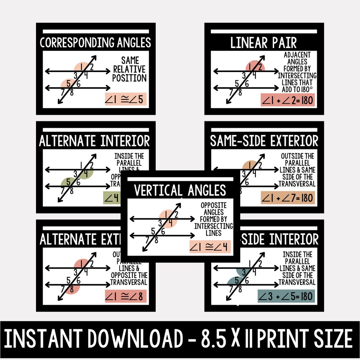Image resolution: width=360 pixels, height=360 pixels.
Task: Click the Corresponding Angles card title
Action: pyautogui.click(x=95, y=43)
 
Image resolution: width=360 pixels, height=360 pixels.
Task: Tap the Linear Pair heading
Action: pyautogui.click(x=264, y=43)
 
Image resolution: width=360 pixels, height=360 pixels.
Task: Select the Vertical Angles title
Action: pyautogui.click(x=180, y=191)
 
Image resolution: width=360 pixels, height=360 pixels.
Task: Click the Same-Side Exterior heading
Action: pyautogui.click(x=264, y=141)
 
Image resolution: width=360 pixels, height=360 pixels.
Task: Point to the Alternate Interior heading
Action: pyautogui.click(x=95, y=141)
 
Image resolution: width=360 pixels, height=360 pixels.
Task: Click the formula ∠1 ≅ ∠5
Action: pyautogui.click(x=126, y=99)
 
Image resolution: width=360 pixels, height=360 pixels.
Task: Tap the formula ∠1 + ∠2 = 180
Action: pyautogui.click(x=288, y=100)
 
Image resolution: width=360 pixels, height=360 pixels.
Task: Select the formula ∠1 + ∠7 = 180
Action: pyautogui.click(x=288, y=198)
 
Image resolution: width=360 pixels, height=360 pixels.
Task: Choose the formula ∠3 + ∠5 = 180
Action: pyautogui.click(x=286, y=296)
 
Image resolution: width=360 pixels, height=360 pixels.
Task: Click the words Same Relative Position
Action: pyautogui.click(x=129, y=69)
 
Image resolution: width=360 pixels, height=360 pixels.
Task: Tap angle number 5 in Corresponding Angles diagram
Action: pyautogui.click(x=68, y=83)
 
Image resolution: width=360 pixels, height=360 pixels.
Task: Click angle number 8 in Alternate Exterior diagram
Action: pyautogui.click(x=72, y=289)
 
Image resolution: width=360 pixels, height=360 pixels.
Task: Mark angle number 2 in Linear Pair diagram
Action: pyautogui.click(x=260, y=67)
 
